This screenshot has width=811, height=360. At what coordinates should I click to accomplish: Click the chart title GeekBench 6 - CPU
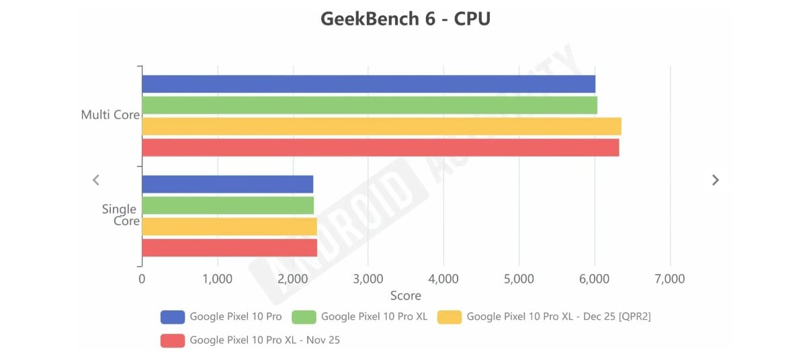pos(405,19)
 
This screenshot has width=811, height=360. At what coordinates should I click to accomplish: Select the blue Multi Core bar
pos(368,84)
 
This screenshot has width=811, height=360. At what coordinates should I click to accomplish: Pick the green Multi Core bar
pos(370,105)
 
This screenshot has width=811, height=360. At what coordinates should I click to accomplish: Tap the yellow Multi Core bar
pos(382,126)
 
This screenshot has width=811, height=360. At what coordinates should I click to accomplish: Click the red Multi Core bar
pos(380,148)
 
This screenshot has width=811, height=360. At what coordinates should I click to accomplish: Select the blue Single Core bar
pos(227,185)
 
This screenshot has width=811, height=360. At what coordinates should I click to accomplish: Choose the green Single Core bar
pos(228,206)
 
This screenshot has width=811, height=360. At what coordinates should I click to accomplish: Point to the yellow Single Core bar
pos(229,227)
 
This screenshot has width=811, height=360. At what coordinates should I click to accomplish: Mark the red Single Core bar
pos(229,248)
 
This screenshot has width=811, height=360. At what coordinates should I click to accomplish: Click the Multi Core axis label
pos(110,115)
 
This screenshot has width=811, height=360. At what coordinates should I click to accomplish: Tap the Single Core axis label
pos(120,215)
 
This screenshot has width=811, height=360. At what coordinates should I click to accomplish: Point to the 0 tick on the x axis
pos(142,279)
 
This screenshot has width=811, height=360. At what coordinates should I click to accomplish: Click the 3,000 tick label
pos(368,279)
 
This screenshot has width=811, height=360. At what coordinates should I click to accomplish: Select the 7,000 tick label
pos(669,279)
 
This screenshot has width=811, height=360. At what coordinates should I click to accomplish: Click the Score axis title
pos(405,296)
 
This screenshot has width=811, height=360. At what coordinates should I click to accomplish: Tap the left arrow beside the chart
pos(96,180)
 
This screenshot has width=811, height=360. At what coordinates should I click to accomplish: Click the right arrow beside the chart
pos(716,180)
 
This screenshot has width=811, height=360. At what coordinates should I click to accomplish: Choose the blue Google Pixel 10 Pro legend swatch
pos(173,317)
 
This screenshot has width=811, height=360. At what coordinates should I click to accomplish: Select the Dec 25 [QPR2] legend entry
pos(558,317)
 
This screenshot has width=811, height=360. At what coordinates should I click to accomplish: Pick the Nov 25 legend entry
pos(265,340)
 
